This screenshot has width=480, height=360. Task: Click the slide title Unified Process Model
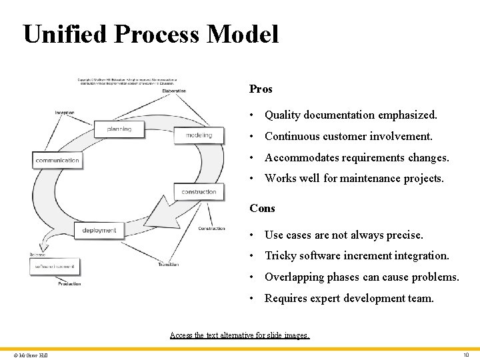151,34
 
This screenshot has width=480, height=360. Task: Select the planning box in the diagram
119,129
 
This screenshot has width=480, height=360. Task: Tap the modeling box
199,135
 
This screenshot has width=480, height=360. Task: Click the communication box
57,160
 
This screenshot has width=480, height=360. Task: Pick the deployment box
99,231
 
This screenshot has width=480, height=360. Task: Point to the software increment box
55,267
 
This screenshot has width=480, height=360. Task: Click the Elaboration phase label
174,91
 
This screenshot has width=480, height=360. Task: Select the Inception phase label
65,113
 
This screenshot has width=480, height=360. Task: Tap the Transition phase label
168,265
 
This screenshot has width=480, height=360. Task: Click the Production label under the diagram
69,283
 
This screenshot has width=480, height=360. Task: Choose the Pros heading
261,89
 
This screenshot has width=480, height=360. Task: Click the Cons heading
262,208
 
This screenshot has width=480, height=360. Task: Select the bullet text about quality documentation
351,115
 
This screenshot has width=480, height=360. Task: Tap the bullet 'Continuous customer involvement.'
348,136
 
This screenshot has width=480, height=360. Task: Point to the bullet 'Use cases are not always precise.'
343,235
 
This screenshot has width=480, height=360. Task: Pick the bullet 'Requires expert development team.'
349,298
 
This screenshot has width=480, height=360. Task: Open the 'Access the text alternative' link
240,335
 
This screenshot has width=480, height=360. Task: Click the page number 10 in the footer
466,355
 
